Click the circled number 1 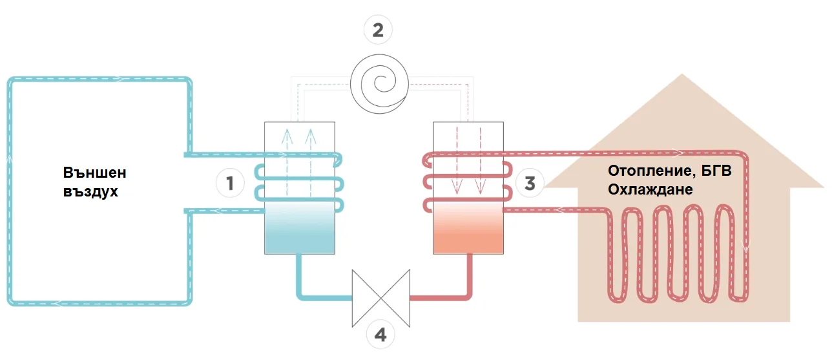[x=230, y=183]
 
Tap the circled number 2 [x=378, y=30]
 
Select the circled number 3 [x=530, y=183]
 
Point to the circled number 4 [x=380, y=335]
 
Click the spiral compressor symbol [x=379, y=84]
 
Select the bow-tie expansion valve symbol [x=381, y=299]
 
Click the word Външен [x=95, y=173]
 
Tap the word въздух [x=90, y=192]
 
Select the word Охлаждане [x=650, y=189]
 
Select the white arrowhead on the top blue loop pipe [x=119, y=79]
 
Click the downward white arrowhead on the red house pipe [x=745, y=246]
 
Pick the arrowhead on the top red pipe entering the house [x=678, y=153]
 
